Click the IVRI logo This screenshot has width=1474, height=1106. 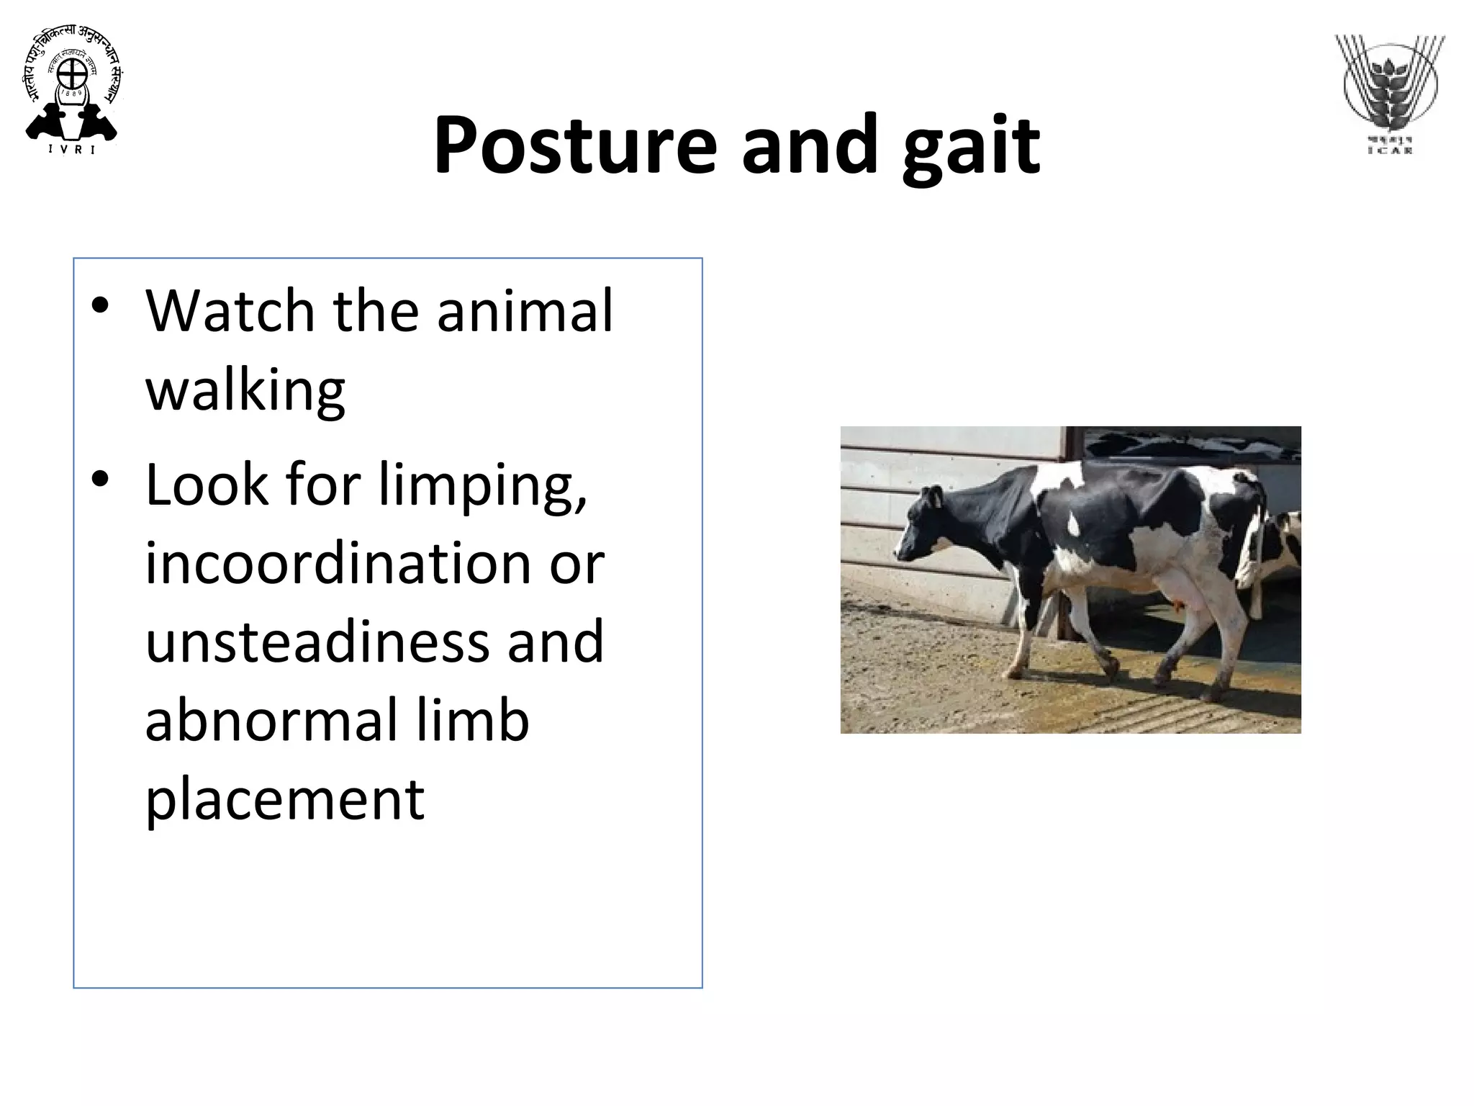click(72, 92)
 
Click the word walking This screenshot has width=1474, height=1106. click(245, 390)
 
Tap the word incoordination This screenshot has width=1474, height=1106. click(338, 563)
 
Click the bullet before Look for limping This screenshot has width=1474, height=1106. click(100, 480)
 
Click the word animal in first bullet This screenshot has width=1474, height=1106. click(525, 311)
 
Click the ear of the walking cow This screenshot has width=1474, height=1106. click(934, 497)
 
